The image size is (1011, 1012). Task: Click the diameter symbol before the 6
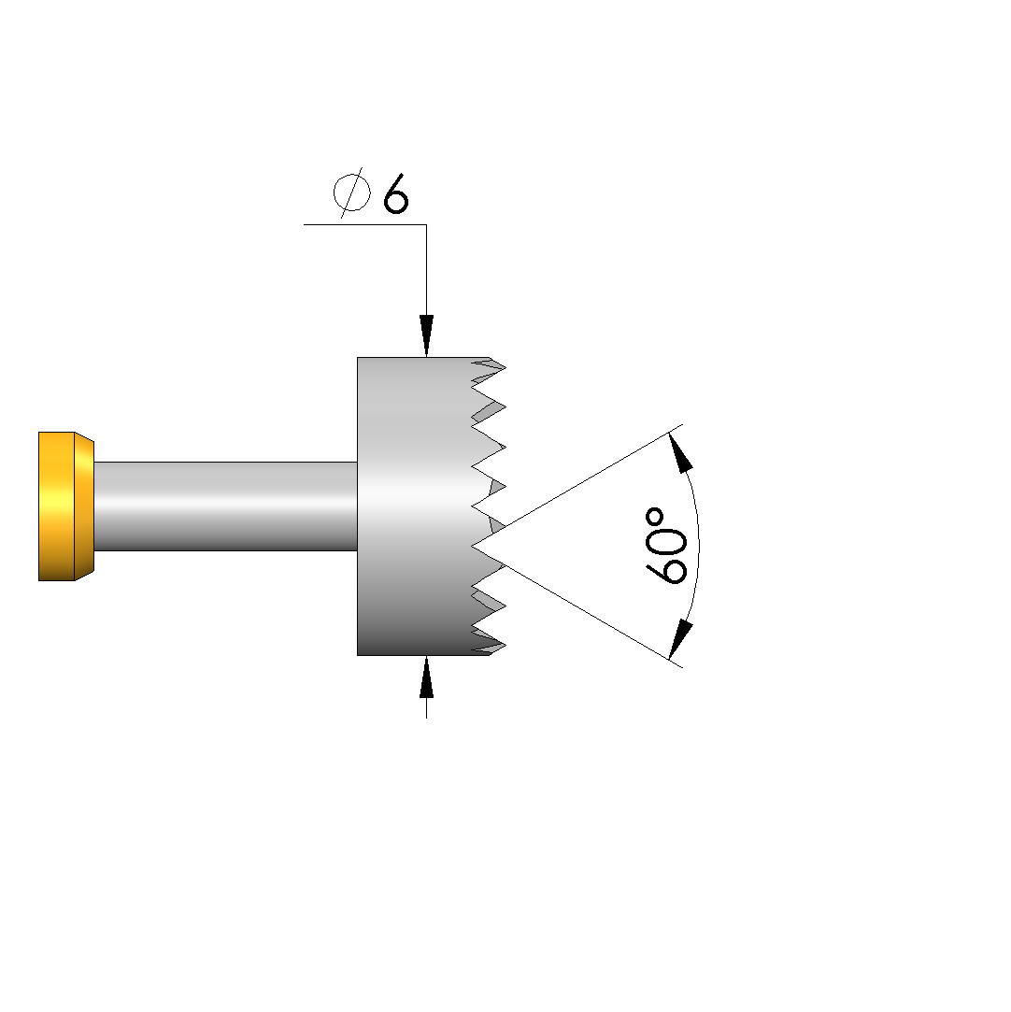point(351,192)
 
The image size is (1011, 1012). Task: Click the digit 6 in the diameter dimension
point(395,193)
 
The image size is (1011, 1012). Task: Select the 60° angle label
point(666,546)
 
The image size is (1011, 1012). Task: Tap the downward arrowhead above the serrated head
point(426,335)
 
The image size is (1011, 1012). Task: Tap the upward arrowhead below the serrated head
point(426,677)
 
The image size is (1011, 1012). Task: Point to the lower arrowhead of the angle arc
point(680,639)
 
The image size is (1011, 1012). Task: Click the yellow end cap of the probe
point(66,506)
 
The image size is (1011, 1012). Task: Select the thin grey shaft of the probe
point(226,506)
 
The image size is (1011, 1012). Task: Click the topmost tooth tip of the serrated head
point(505,368)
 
